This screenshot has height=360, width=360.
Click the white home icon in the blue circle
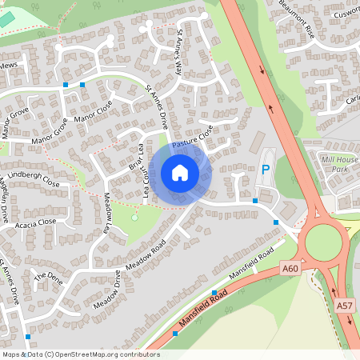click(180, 172)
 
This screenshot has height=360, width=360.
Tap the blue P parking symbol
click(266, 170)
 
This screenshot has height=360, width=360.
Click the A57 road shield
click(345, 306)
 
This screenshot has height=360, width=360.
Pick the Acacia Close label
click(35, 223)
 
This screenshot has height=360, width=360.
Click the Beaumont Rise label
click(297, 18)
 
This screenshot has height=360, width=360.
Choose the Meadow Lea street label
click(106, 213)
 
